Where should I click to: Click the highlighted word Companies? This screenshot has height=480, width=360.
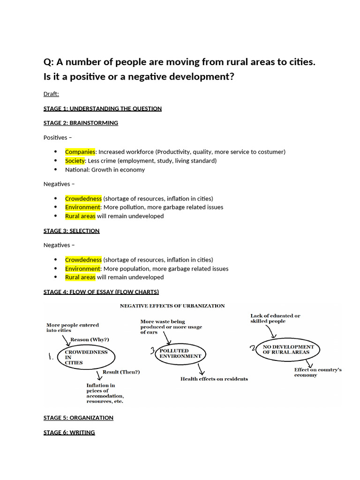coord(80,152)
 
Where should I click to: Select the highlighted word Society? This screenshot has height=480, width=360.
coord(75,161)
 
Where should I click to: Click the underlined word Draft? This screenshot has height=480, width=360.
coord(51,94)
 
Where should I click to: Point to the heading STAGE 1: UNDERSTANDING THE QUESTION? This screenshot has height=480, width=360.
coord(102,109)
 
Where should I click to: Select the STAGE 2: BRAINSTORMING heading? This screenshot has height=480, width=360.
coord(81,123)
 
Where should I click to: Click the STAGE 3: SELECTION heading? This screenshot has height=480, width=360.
coord(71,231)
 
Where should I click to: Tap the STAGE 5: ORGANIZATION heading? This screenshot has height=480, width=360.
coord(78,418)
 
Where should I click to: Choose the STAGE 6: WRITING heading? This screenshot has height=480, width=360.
coord(69,433)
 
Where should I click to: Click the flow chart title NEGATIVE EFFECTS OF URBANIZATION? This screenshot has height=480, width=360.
coord(172,306)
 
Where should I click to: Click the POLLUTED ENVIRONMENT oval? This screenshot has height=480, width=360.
coord(180,353)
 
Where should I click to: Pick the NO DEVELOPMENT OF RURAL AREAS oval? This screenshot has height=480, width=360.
coord(288,350)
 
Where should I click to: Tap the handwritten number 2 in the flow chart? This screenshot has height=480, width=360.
coord(253,348)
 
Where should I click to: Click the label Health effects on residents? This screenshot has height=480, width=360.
coord(214,379)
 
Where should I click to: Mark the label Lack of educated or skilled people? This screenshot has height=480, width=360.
coord(275,318)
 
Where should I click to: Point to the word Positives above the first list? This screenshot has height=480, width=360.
coord(55,137)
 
